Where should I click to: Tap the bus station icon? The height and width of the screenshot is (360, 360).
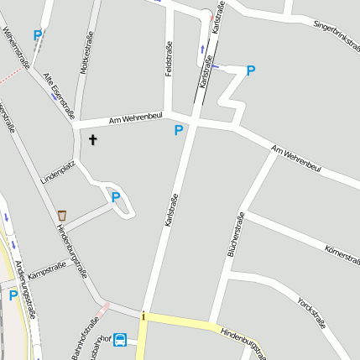[120, 340]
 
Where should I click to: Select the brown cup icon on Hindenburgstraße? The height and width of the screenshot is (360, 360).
[62, 216]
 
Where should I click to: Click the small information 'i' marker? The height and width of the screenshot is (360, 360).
[143, 316]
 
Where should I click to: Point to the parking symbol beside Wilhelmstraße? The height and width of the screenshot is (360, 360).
[37, 35]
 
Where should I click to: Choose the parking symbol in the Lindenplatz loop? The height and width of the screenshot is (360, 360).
[116, 198]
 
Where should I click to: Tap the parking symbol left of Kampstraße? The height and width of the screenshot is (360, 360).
[13, 295]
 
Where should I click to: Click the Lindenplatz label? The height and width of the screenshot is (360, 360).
[58, 172]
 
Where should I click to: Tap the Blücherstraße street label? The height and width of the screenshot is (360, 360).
[236, 234]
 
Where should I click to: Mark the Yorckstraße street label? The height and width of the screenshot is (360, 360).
[311, 311]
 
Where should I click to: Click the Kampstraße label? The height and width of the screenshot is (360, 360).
[47, 271]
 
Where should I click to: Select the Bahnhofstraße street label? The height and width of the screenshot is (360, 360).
[85, 338]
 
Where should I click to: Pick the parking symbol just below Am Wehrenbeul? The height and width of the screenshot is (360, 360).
[179, 130]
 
